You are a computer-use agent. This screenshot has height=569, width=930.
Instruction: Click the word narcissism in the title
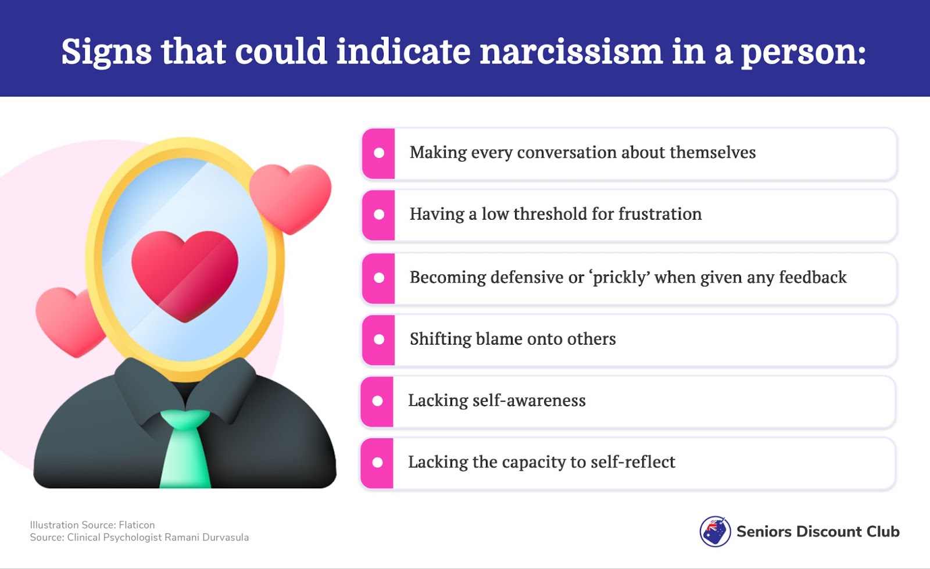(571, 52)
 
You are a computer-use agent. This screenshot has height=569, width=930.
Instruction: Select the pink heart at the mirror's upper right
(291, 198)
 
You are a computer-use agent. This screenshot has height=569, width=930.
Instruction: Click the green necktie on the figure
(185, 448)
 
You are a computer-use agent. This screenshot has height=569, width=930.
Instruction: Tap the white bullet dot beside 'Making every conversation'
(378, 153)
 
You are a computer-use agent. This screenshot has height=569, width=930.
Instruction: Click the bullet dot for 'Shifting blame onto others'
(378, 339)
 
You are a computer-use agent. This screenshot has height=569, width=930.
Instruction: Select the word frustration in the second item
(660, 214)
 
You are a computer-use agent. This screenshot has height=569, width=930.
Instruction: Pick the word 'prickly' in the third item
(621, 278)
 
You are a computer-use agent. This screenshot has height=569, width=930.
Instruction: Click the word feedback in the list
(813, 277)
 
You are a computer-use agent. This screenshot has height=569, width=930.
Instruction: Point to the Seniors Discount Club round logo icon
(715, 531)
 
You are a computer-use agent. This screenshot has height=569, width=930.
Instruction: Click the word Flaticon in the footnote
(137, 525)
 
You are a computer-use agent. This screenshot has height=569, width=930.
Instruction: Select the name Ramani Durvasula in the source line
(207, 538)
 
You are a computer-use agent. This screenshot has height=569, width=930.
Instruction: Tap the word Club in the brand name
(883, 532)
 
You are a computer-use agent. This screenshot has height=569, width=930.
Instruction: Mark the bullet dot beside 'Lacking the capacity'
(377, 463)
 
